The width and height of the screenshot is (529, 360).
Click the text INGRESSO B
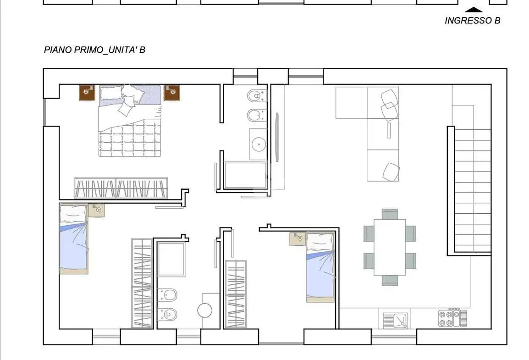click(x=472, y=21)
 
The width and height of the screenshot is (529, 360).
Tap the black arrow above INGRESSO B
click(x=474, y=10)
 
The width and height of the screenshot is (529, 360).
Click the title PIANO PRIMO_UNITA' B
click(x=94, y=50)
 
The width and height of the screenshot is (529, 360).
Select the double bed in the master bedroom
click(x=130, y=121)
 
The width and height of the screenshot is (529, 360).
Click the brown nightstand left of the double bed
click(x=87, y=93)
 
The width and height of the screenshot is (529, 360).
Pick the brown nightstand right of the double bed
click(x=172, y=93)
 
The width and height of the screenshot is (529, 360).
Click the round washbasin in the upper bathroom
click(x=259, y=144)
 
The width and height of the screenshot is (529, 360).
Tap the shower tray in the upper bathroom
click(x=245, y=175)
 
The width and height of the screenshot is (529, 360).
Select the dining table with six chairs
click(x=390, y=247)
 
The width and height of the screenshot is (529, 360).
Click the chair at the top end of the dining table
click(x=390, y=214)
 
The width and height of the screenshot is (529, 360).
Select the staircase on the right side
click(x=472, y=191)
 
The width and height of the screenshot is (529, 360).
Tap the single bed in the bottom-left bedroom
click(x=73, y=239)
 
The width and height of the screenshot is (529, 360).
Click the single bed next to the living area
click(x=320, y=267)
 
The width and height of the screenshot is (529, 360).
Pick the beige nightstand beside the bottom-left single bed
click(x=96, y=210)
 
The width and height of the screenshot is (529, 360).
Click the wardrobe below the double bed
click(x=121, y=188)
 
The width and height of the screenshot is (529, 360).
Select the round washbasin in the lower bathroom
click(x=205, y=310)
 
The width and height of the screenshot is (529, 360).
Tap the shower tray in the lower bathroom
click(x=171, y=259)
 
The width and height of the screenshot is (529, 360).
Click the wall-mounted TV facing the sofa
click(x=277, y=137)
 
